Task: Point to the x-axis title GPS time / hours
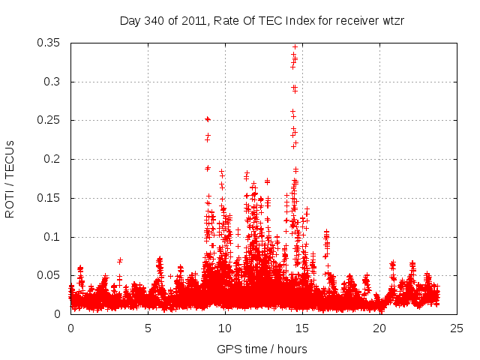(x=262, y=349)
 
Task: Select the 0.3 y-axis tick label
(x=55, y=82)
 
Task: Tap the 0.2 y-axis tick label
(x=55, y=159)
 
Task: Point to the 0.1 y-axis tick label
(x=55, y=237)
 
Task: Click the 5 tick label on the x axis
(x=148, y=328)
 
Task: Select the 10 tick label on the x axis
(x=225, y=328)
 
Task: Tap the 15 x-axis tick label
(x=302, y=328)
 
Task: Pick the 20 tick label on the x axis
(x=379, y=328)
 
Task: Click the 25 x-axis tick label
(x=457, y=328)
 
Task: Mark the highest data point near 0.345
(x=295, y=46)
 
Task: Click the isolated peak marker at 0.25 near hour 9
(x=208, y=119)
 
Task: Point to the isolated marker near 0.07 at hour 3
(x=120, y=260)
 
